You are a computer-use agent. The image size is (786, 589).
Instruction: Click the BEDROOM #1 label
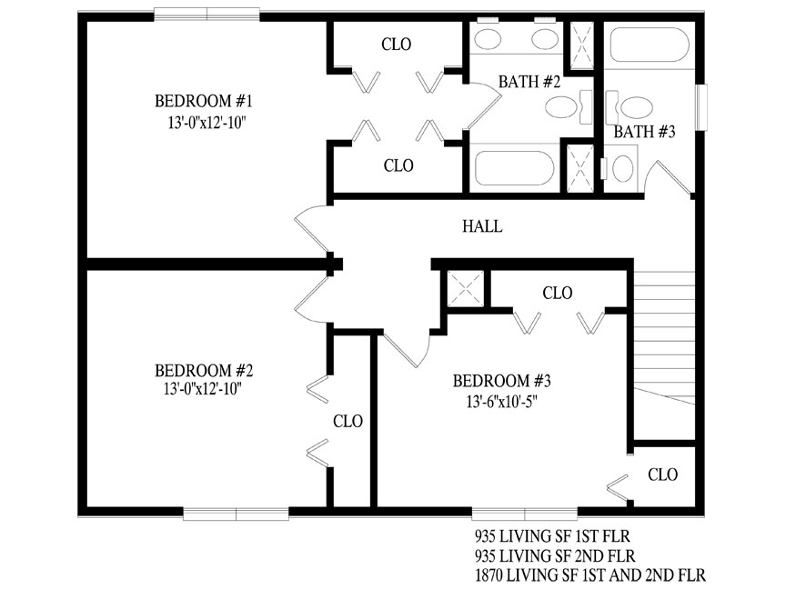[x=203, y=101]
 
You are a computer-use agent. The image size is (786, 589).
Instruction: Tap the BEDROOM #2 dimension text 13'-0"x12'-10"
[x=203, y=389]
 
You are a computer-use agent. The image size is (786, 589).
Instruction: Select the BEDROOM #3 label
[x=502, y=381]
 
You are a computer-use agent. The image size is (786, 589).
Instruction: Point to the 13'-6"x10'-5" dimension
[x=502, y=402]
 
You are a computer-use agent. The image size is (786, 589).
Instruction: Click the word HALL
[x=482, y=226]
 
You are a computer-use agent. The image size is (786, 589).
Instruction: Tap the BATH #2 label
[x=529, y=82]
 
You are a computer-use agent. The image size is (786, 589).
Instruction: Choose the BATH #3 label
[x=645, y=132]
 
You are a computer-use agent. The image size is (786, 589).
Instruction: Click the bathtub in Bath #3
[x=650, y=45]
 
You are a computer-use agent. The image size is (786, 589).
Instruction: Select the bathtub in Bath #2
[x=514, y=168]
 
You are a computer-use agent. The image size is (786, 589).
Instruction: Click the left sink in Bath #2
[x=488, y=39]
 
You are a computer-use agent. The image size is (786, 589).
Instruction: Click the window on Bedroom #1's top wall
[x=207, y=15]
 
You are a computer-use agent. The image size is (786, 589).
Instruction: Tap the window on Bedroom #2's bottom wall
[x=236, y=514]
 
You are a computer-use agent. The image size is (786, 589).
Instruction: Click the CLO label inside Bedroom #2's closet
[x=348, y=422]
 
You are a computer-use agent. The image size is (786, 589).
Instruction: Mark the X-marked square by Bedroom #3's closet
[x=466, y=288]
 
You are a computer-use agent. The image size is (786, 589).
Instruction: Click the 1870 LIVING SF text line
[x=590, y=574]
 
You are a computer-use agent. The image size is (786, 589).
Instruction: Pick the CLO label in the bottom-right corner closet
[x=662, y=474]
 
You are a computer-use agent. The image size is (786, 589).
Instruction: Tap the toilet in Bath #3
[x=630, y=107]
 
